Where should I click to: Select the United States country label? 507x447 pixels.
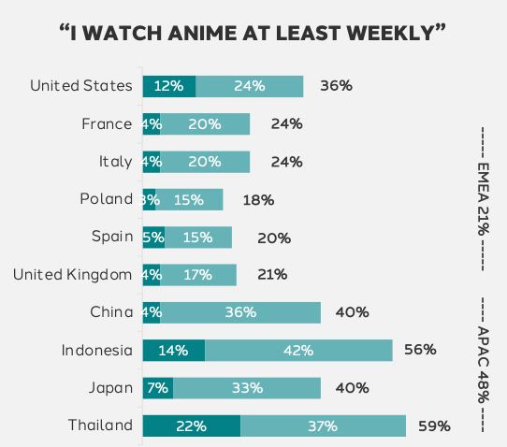(81, 86)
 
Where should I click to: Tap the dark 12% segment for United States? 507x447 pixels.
(169, 86)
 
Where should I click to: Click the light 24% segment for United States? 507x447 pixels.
(250, 86)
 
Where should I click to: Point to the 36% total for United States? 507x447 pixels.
(336, 86)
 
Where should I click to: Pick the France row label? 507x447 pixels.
(108, 123)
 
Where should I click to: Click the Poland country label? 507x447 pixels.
(107, 199)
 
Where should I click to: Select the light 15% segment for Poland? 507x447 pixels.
(190, 199)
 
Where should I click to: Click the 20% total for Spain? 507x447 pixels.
(274, 238)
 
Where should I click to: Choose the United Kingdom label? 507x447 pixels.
(73, 275)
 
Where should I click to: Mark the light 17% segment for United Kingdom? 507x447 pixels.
(198, 275)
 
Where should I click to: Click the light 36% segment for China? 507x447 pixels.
(240, 312)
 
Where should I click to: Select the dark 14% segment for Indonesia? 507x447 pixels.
(174, 351)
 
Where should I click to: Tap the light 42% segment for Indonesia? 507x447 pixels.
(298, 351)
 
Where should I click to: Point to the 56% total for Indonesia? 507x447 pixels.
(421, 351)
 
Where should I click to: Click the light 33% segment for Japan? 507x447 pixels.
(247, 388)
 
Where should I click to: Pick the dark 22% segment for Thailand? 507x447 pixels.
(192, 426)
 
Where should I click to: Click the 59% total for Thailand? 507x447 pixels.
(434, 426)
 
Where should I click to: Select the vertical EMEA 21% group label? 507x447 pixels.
(484, 198)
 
